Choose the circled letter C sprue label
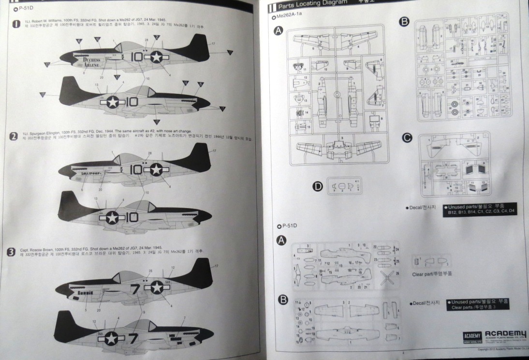point(407,138)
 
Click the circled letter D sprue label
point(318,186)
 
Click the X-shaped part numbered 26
point(387,278)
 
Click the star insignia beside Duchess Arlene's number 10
point(156,57)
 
